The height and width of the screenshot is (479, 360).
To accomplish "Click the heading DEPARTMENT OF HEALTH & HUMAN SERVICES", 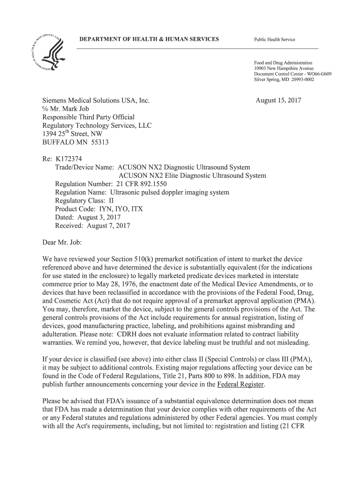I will [x=149, y=39].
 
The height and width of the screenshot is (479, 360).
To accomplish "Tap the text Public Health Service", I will [x=274, y=39].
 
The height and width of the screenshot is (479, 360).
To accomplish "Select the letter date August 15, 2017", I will [x=279, y=101].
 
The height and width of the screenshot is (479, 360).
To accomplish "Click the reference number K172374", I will [x=69, y=160].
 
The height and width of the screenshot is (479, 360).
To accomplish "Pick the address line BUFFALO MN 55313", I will [x=75, y=143].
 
